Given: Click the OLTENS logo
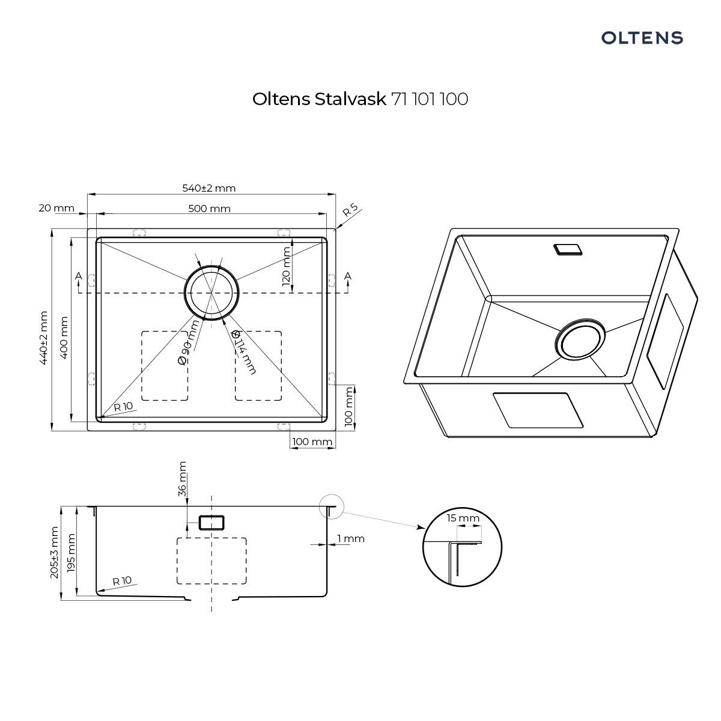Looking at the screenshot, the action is [642, 38].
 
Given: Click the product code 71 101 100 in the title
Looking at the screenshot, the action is [430, 99].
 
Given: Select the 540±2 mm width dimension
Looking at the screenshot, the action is [208, 188].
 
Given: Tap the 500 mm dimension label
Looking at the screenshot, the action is [209, 208].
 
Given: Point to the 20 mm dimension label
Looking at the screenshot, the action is [56, 208].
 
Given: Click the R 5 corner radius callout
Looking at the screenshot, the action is [350, 210].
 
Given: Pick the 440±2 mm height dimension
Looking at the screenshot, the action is [44, 338].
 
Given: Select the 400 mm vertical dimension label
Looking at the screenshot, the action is [64, 338].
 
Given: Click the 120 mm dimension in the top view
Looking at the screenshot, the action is [286, 266].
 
